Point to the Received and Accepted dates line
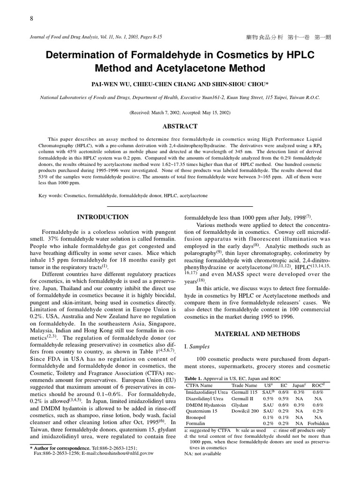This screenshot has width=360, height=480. tap(180, 112)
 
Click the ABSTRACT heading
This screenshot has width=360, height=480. tap(180, 127)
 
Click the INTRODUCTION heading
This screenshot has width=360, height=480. tap(102, 217)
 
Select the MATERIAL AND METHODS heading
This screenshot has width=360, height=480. tap(257, 334)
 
